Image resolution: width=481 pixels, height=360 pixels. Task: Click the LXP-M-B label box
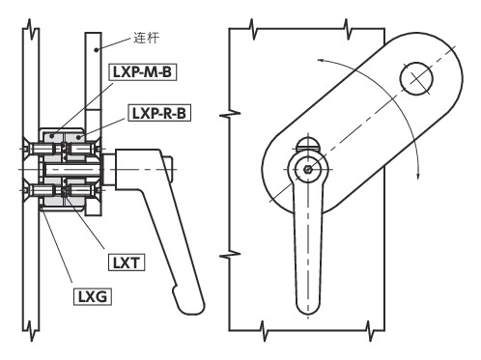coord(143,71)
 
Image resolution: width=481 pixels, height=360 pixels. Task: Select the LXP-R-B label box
coord(159,113)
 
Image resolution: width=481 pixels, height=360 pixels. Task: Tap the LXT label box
coord(127,263)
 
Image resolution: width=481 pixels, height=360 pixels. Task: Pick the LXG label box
coord(93,296)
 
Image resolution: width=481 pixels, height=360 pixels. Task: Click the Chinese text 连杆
coord(147,38)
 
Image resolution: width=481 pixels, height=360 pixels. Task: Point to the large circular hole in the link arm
coord(416,78)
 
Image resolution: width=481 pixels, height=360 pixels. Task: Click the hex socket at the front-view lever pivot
coord(308,169)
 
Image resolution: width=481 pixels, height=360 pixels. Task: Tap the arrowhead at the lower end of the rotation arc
coord(418,174)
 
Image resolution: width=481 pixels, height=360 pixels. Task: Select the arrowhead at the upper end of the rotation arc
coord(322,60)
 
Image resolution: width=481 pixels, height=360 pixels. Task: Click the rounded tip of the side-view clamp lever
coord(192,306)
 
